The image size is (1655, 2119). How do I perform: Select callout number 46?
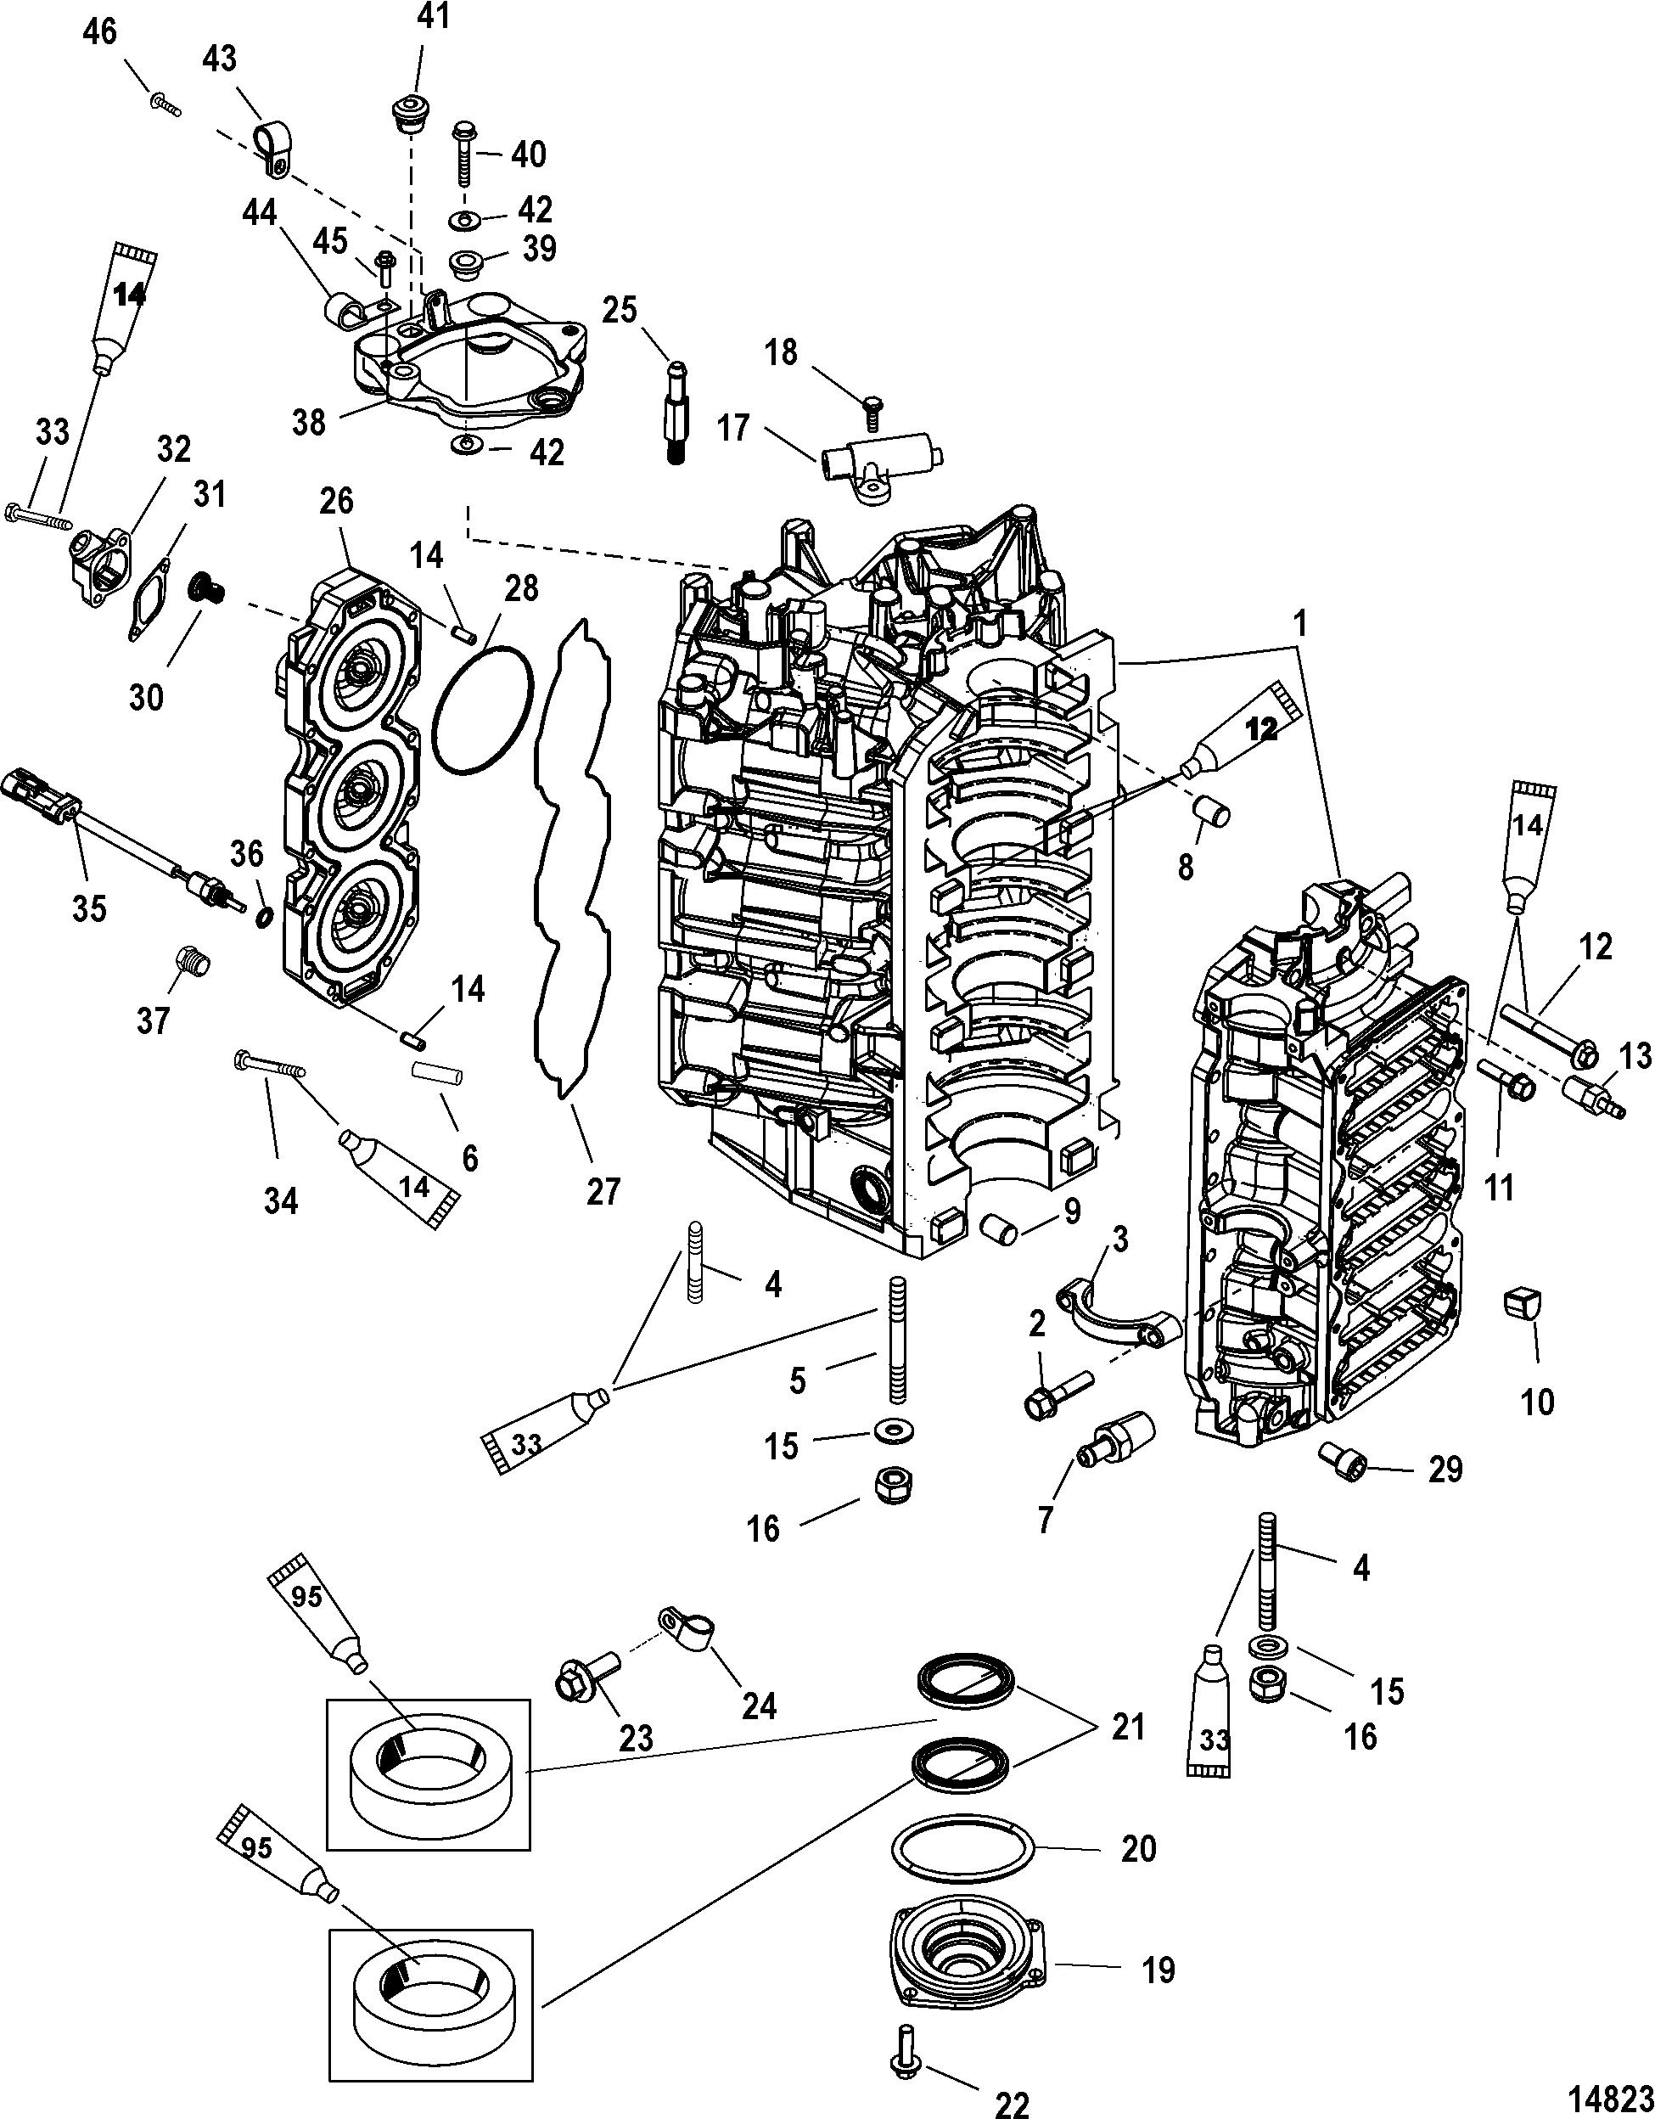pos(101,32)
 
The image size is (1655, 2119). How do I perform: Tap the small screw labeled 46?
pos(165,102)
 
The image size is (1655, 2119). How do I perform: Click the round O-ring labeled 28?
pos(483,711)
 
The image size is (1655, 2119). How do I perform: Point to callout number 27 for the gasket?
pos(603,1190)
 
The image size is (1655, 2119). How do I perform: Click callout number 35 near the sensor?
pos(89,909)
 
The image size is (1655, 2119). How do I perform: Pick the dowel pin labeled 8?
pos(1213,809)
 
